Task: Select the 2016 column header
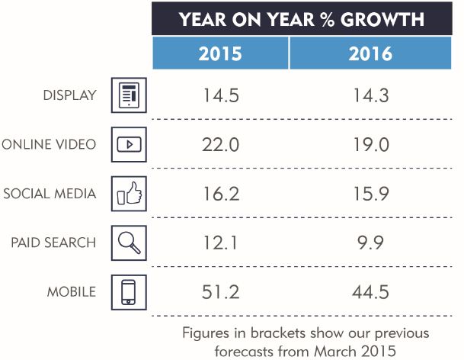[x=372, y=53]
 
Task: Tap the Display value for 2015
[x=221, y=96]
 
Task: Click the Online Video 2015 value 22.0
[x=221, y=144]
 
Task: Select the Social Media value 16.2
[x=221, y=193]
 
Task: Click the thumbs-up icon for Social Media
[x=129, y=193]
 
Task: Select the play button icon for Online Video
[x=129, y=144]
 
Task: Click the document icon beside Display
[x=129, y=96]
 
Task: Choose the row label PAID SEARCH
[x=53, y=243]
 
